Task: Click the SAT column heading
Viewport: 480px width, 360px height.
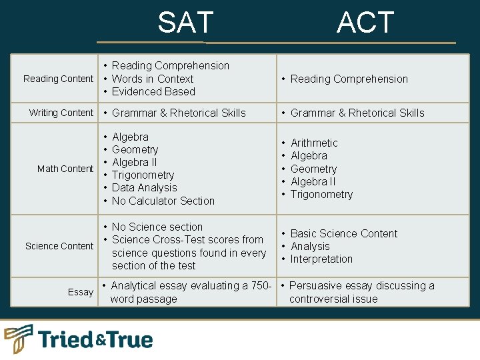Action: tap(185, 23)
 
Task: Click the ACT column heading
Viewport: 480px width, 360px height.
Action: tap(365, 23)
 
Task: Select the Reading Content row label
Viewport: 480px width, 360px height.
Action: tap(58, 79)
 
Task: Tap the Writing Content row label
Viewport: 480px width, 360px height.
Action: tap(61, 113)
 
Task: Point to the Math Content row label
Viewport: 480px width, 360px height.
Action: tap(65, 169)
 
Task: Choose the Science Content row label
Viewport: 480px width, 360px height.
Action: tap(59, 246)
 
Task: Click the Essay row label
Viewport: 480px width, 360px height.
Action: tap(81, 292)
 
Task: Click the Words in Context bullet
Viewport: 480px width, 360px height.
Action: tap(153, 79)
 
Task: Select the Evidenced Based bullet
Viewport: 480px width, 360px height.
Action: tap(153, 91)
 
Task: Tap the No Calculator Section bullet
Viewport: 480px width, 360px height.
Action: tap(163, 201)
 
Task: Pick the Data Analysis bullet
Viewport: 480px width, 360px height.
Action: tap(145, 188)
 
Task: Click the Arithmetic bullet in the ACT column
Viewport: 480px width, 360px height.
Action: tap(314, 143)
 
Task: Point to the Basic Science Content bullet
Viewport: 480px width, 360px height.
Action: tap(344, 233)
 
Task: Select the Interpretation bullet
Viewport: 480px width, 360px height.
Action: tap(321, 259)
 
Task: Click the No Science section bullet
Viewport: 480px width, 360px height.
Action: tap(157, 227)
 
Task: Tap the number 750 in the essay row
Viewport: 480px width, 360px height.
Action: tap(259, 285)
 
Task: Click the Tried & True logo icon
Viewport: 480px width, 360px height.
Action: tap(19, 339)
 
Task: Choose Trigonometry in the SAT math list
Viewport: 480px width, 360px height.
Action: tap(143, 175)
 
